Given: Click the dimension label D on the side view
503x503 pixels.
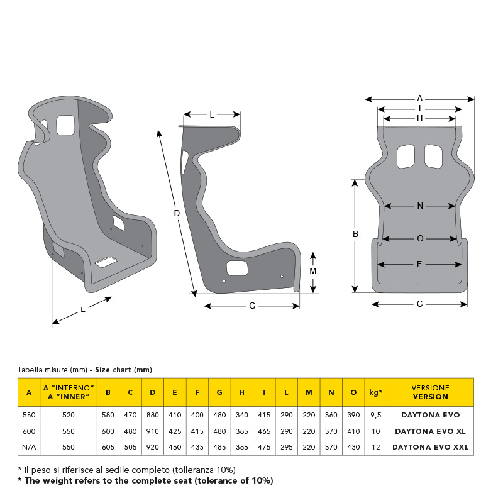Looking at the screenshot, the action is [x=177, y=213].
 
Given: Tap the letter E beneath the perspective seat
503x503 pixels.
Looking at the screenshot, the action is [x=83, y=309].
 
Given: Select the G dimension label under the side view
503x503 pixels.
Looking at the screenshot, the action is [x=253, y=306].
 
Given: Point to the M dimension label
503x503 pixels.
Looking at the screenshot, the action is [x=313, y=272].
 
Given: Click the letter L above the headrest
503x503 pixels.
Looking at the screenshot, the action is [x=212, y=114].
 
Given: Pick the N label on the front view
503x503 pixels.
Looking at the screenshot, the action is [x=420, y=206].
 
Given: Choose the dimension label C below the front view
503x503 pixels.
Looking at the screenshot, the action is [x=419, y=304].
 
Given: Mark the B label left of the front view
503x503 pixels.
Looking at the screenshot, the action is [x=355, y=234].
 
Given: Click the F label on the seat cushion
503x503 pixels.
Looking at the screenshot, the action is [x=419, y=264].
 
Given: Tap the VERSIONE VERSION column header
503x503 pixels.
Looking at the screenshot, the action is [x=431, y=392].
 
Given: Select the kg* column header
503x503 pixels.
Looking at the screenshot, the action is [x=375, y=392].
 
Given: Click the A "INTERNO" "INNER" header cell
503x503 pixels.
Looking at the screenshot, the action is [x=69, y=392].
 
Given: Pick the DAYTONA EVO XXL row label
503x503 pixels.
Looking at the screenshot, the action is [x=431, y=447].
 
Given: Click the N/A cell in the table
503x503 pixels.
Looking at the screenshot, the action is [x=29, y=447].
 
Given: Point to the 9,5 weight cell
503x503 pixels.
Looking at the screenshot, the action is [x=376, y=415].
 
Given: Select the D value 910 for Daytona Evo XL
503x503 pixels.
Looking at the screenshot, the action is [x=153, y=431].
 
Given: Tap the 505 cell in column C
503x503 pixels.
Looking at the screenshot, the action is [x=131, y=447].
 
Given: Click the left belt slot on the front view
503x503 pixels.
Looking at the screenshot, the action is [x=406, y=156].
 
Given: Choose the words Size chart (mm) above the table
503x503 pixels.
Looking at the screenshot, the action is [x=123, y=370].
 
